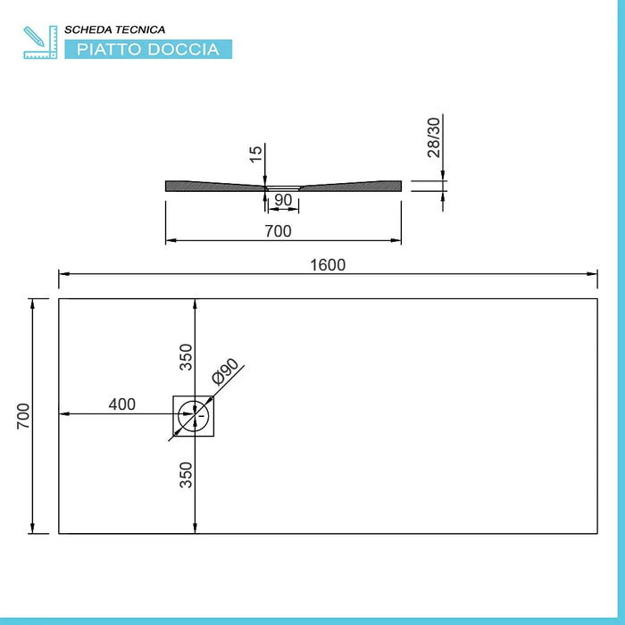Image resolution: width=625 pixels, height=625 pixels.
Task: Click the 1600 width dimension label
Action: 328,265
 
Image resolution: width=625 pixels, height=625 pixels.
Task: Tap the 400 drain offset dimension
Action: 122,404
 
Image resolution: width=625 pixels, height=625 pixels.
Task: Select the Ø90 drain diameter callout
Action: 225,371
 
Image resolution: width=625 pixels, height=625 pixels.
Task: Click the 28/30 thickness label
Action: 434,137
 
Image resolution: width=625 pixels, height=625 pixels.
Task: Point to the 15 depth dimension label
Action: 256,154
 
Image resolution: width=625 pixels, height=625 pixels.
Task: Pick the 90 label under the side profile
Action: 283,200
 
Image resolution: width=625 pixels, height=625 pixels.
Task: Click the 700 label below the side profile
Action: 279,231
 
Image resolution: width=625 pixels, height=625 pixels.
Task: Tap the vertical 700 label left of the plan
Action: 23,416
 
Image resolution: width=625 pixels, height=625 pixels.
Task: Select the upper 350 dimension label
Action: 186,357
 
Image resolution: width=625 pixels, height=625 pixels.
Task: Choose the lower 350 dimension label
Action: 186,475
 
